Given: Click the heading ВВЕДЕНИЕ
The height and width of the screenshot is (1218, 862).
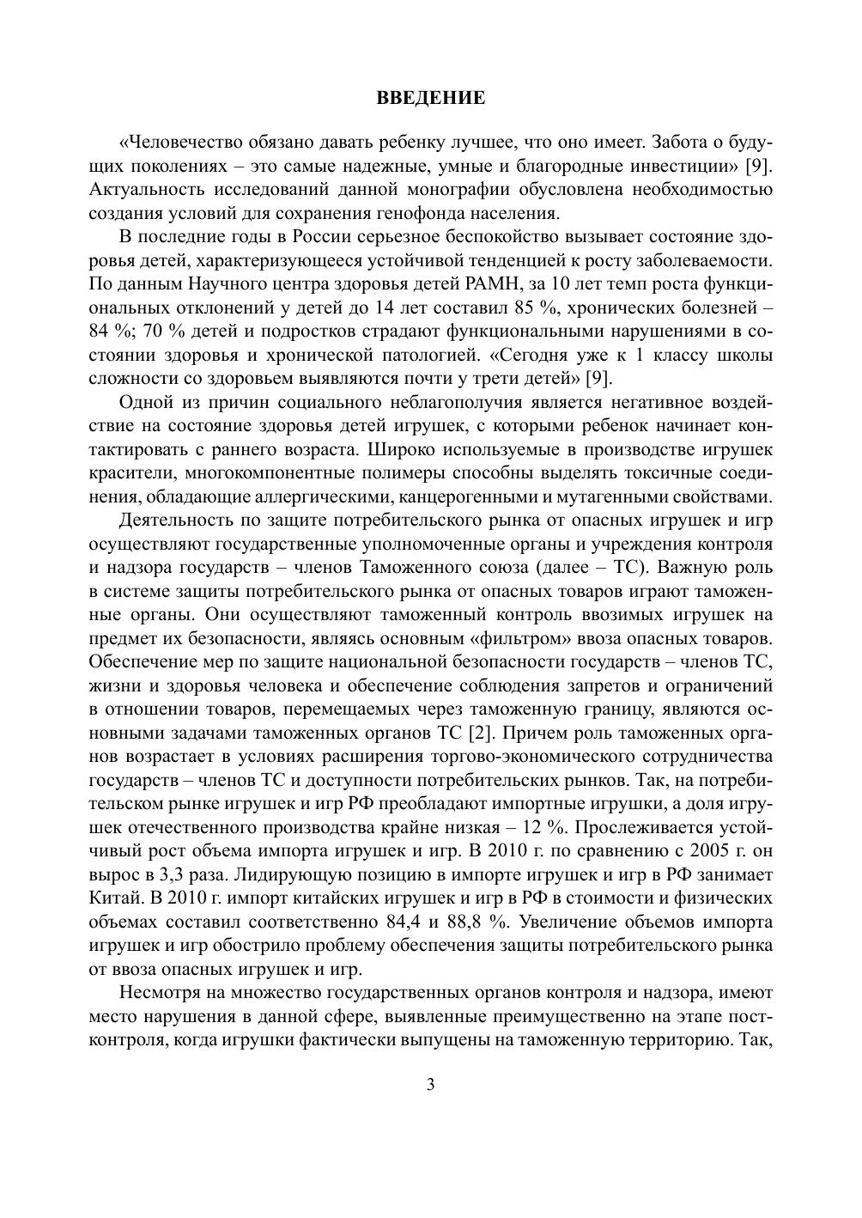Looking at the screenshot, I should (x=431, y=99).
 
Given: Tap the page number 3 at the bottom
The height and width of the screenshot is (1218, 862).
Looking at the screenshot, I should (x=431, y=1085).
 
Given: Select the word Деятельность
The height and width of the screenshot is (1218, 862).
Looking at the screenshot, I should (x=173, y=521).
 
